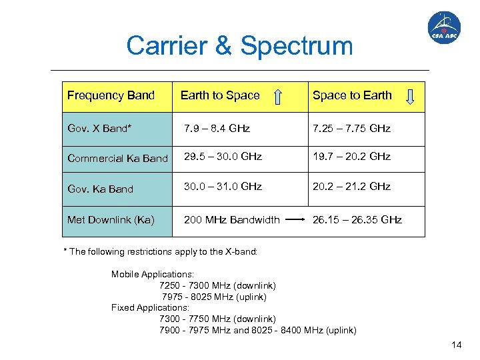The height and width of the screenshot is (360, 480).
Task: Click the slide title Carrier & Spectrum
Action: [x=239, y=46]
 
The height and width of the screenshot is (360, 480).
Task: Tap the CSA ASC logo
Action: [x=443, y=29]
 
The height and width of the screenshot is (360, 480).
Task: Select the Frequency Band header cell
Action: [x=111, y=95]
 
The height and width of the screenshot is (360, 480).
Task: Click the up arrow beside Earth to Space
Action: [x=279, y=97]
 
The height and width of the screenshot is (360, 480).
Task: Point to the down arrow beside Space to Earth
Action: [x=411, y=97]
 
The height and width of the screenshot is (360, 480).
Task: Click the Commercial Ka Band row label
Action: [x=117, y=158]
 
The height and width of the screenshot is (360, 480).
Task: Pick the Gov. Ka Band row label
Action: [x=100, y=189]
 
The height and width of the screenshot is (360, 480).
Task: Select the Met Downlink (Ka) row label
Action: [x=111, y=219]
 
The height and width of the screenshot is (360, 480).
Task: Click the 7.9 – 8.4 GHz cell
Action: [x=217, y=128]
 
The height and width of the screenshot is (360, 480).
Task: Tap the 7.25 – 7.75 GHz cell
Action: [x=351, y=128]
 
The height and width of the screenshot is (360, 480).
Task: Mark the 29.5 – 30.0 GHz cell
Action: [x=223, y=157]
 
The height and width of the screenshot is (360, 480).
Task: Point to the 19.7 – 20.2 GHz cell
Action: [x=351, y=157]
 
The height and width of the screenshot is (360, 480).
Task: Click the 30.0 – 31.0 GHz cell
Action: [x=223, y=187]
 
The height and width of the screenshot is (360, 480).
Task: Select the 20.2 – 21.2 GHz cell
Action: [x=351, y=187]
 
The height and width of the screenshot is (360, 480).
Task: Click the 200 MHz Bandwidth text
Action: [x=232, y=219]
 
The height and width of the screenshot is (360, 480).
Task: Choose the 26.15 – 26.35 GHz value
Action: [x=357, y=219]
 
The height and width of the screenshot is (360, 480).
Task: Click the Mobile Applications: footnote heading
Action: [x=153, y=274]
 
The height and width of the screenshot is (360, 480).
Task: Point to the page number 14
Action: [x=456, y=345]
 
